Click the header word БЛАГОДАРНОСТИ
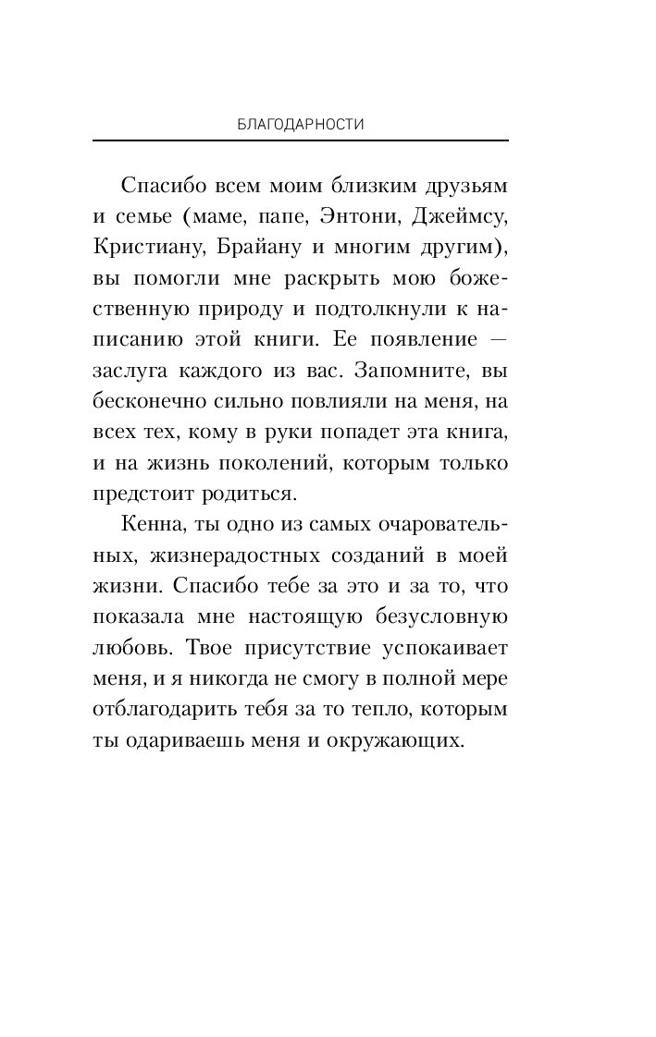(301, 124)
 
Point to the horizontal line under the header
(301, 140)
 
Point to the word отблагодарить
(157, 708)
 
